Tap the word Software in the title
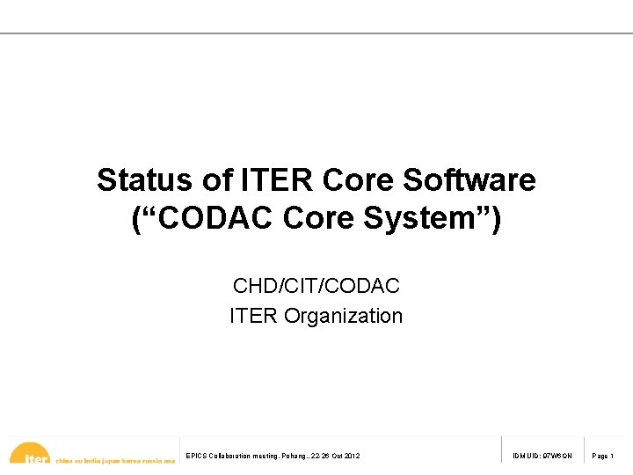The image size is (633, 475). (469, 180)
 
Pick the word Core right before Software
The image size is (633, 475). (359, 180)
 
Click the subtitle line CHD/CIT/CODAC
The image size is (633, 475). (316, 286)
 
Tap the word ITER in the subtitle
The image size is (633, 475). (254, 315)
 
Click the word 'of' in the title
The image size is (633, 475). (216, 180)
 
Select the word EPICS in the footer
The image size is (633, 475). (196, 456)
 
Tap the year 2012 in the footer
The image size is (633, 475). (351, 456)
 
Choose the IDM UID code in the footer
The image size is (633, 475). (542, 456)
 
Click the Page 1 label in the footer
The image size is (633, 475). (603, 456)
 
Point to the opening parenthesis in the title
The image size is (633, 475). (138, 219)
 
